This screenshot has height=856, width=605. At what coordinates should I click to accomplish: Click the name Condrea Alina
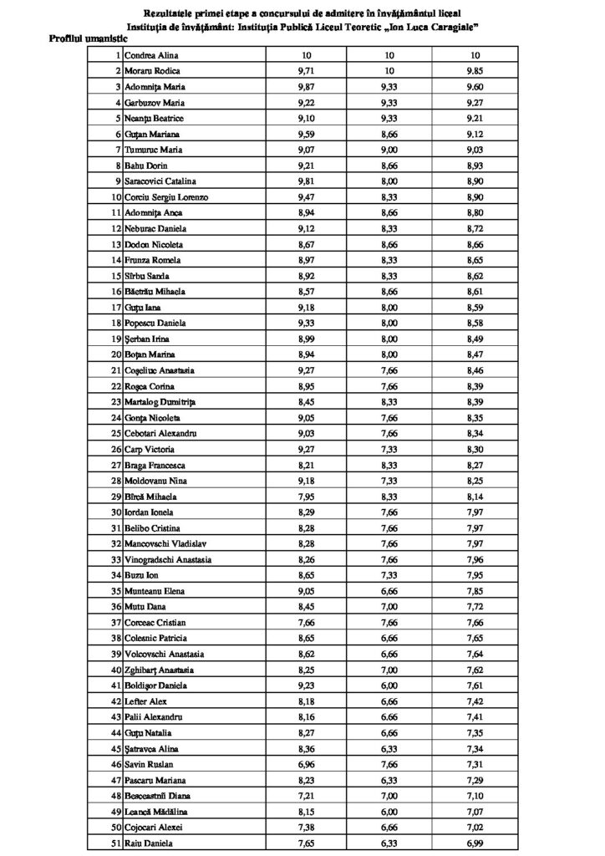(x=153, y=55)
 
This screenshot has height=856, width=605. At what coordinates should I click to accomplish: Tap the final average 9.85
(x=474, y=71)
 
